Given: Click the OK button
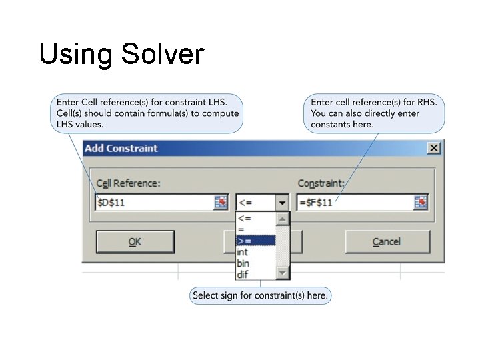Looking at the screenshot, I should (135, 242).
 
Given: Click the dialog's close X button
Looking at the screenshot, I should (434, 148).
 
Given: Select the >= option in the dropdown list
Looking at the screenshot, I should (255, 241).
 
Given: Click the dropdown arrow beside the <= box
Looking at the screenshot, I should (282, 203).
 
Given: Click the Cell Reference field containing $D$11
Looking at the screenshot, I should (153, 202).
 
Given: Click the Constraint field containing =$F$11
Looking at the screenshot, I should (353, 202).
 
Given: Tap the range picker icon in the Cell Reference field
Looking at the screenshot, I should (221, 202).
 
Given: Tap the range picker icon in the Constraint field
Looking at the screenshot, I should (421, 202).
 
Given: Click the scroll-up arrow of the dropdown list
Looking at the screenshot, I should (283, 219).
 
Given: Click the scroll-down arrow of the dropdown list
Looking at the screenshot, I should (283, 273).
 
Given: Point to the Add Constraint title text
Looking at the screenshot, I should (121, 148).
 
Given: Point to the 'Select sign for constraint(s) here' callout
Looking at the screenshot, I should (260, 295).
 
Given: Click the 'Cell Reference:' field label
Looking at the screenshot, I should (128, 183).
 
